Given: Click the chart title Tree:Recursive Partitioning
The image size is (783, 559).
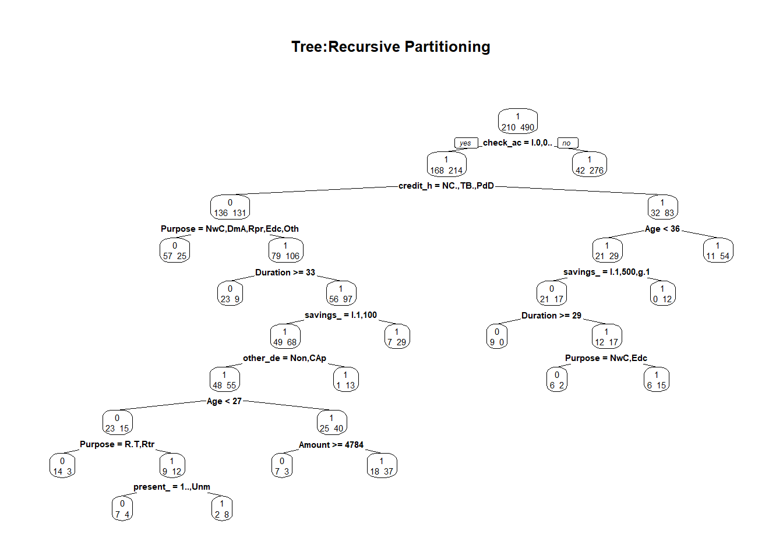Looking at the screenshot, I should tap(390, 47).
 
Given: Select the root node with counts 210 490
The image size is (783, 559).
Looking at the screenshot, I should tap(517, 122).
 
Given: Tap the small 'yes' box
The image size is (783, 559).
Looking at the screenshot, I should tap(465, 143).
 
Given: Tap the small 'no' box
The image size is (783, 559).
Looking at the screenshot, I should tap(567, 143).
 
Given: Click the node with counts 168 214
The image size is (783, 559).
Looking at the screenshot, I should tap(446, 165).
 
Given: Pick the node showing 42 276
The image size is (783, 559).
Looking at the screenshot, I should tap(589, 165).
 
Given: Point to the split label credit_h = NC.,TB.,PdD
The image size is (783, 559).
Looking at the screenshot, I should tap(446, 186).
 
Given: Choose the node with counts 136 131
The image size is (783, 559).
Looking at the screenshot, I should tap(230, 208).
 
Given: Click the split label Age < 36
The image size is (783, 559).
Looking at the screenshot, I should tap(662, 229).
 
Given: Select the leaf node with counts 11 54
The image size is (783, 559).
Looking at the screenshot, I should tap(717, 251).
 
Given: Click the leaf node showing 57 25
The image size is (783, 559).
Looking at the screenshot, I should tap(174, 251).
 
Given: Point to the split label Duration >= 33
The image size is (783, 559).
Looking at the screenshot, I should tap(285, 273).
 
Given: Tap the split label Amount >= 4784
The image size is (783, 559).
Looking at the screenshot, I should tap(331, 445).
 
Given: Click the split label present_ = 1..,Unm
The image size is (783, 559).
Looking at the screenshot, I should tap(171, 487).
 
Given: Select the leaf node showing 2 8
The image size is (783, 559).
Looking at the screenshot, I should tap(221, 509).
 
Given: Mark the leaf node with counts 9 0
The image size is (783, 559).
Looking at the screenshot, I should tap(496, 337).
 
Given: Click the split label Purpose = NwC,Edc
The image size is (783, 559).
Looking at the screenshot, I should tap(606, 358).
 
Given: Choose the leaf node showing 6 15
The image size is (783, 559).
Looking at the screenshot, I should tap(656, 380).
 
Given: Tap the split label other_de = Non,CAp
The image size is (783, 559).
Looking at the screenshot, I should tap(284, 358).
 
